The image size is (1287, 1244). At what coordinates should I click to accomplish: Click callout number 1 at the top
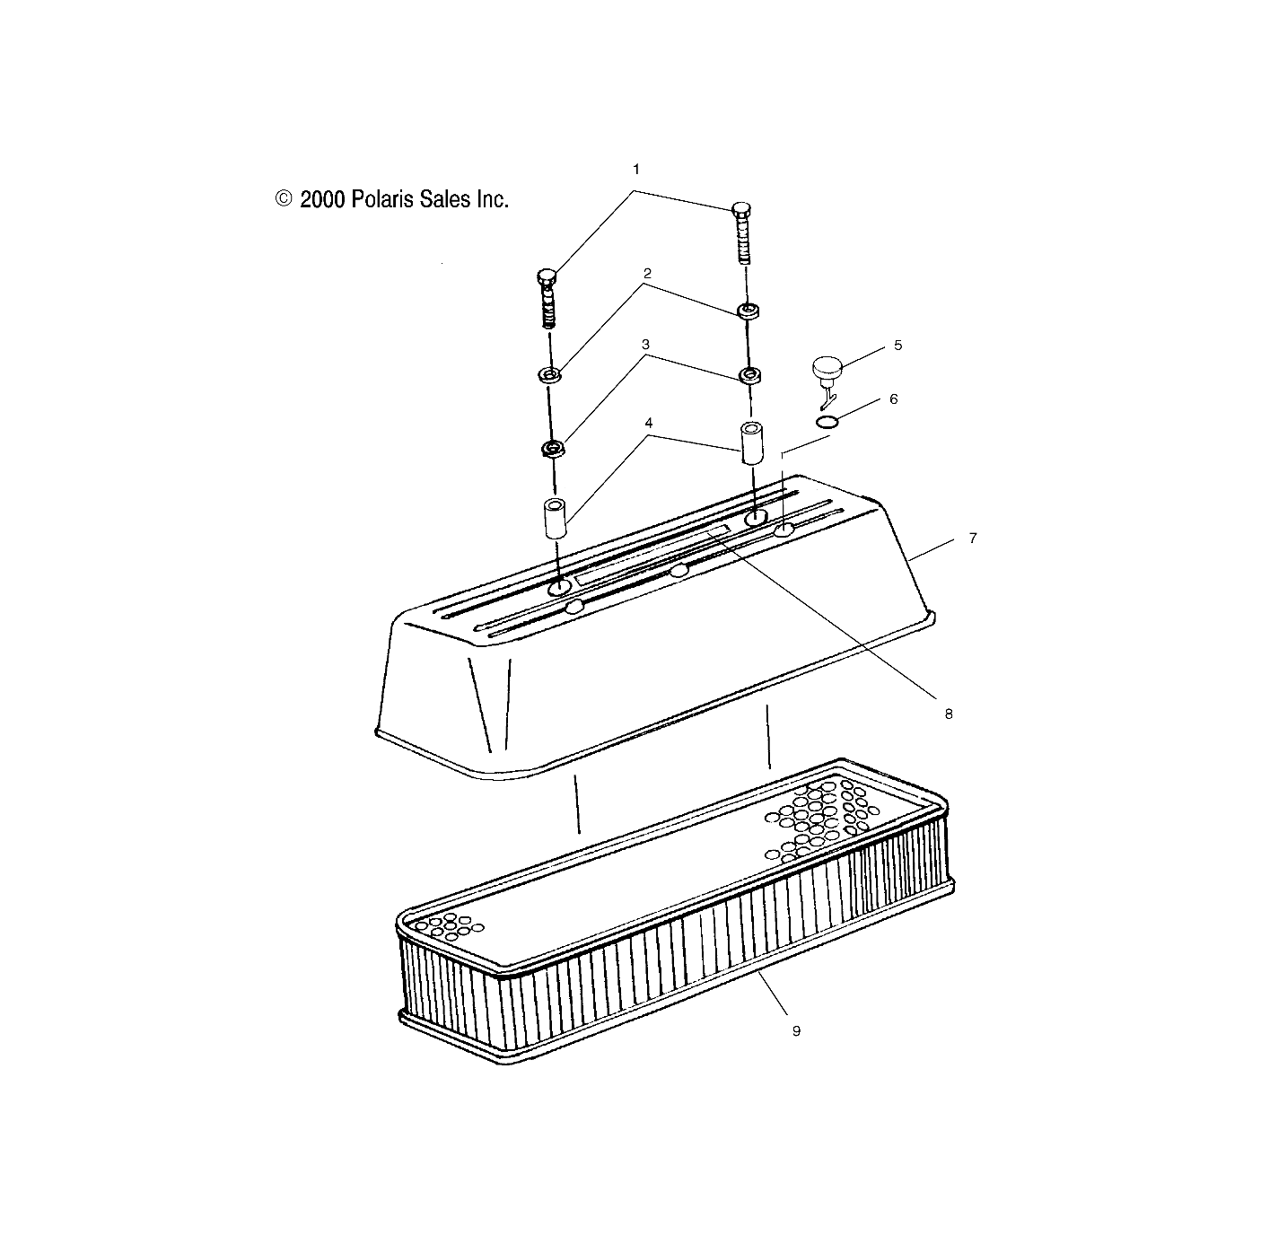tap(636, 169)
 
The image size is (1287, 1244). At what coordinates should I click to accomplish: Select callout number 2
tap(646, 272)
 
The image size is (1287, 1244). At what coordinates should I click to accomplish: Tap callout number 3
tap(644, 344)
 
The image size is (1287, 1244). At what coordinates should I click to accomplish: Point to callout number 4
tap(648, 422)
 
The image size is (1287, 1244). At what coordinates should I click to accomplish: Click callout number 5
tap(897, 345)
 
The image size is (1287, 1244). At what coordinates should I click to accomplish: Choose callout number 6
tap(893, 399)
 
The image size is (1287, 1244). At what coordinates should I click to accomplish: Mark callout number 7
tap(973, 539)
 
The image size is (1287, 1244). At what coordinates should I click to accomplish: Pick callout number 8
tap(949, 714)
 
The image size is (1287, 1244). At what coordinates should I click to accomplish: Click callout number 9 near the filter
tap(796, 1031)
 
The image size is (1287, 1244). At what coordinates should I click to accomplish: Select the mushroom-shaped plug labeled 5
tap(828, 369)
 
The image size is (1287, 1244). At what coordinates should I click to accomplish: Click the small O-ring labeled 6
tap(828, 422)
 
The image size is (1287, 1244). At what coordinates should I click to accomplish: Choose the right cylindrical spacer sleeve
tap(750, 442)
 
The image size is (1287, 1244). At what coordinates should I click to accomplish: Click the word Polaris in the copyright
tap(384, 199)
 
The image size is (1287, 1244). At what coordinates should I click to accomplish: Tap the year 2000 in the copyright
tap(322, 199)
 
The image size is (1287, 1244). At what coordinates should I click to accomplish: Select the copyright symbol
tap(285, 198)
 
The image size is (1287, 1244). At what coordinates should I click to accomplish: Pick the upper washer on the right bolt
tap(748, 311)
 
